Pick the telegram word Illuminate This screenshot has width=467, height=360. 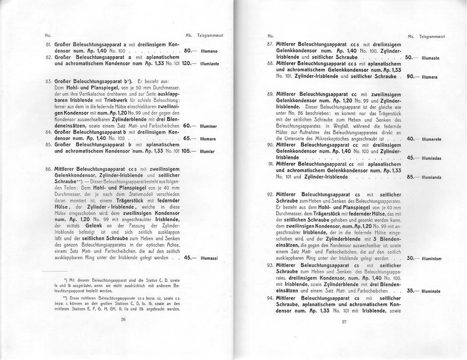430,291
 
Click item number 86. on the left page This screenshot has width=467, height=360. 48,168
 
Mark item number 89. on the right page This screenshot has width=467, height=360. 270,94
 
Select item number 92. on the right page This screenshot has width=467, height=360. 270,194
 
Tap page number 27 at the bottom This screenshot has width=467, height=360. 344,322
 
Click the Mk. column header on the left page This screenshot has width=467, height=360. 188,35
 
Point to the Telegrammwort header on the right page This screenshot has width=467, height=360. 432,36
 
